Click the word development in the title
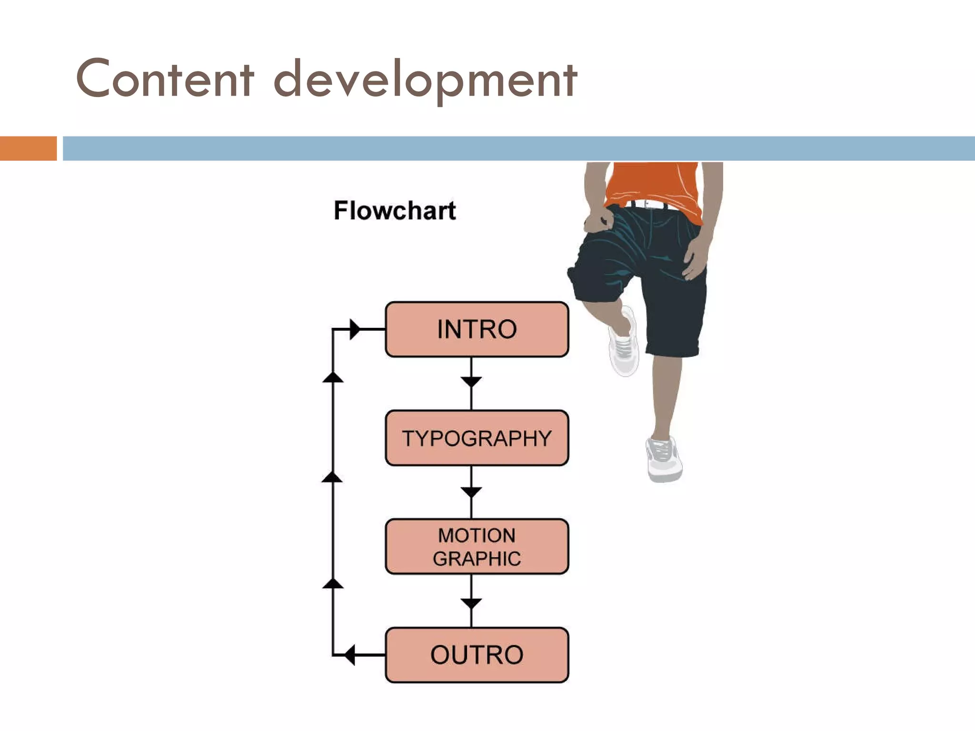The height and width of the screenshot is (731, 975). [x=425, y=80]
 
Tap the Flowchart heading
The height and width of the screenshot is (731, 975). [x=395, y=210]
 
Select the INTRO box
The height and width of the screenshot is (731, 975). [x=477, y=329]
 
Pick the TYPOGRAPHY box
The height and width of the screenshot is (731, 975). [x=477, y=438]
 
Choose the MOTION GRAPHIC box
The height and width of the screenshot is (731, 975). [x=477, y=546]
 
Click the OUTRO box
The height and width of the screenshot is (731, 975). [x=477, y=655]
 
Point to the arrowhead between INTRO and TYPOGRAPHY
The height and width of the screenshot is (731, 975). [x=471, y=382]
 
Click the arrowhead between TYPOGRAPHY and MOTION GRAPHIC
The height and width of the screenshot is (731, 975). [x=471, y=492]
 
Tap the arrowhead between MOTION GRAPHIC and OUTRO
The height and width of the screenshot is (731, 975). [x=471, y=603]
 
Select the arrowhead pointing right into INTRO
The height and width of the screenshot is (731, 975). [x=355, y=329]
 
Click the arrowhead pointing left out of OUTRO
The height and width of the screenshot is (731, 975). [x=350, y=655]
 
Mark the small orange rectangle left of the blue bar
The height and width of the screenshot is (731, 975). [x=28, y=148]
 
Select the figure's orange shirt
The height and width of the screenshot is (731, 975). [x=652, y=183]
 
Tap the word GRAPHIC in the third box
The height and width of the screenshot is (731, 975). [x=477, y=559]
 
